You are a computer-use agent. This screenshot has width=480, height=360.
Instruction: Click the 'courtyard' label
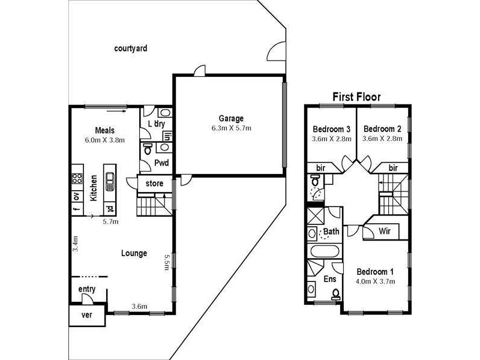coord(131,48)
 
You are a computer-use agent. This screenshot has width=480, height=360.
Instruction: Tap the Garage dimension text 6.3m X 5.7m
coord(231,128)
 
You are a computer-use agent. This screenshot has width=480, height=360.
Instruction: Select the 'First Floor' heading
coord(357,97)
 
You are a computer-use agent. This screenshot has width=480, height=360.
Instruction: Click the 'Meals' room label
coord(104,130)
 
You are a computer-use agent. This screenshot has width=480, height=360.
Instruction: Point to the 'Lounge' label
coord(134,253)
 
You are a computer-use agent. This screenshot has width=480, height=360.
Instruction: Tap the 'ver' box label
coord(88,316)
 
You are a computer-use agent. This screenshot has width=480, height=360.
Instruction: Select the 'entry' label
coord(87,289)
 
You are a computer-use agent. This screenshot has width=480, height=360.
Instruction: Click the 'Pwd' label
coord(161,163)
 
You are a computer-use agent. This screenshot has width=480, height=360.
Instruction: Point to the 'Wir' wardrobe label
coord(385,231)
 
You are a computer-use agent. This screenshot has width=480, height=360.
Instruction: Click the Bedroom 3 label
coord(332,129)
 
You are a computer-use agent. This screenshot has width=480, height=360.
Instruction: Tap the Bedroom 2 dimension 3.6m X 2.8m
coord(382,139)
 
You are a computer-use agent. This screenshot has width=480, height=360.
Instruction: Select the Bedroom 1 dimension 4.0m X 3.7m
coord(375,280)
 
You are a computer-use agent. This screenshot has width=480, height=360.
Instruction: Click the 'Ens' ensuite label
coord(330,279)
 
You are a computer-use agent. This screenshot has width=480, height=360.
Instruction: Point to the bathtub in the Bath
coord(324,251)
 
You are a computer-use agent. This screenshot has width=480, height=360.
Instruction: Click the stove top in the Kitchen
coord(77,178)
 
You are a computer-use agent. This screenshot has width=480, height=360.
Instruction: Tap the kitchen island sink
coord(110,178)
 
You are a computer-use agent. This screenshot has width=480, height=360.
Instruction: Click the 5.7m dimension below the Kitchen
coord(111,221)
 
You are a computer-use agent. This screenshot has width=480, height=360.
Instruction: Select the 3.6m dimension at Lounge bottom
coord(139,307)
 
